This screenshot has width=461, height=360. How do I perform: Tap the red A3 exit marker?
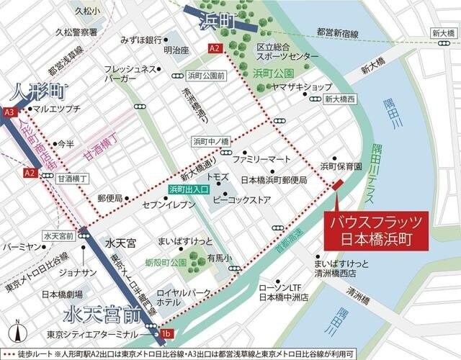pos(9,112)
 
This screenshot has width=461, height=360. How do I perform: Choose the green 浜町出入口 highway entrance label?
pos(189,189)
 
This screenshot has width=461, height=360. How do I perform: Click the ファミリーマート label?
pos(261,158)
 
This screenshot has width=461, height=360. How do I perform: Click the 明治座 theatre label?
pos(175,50)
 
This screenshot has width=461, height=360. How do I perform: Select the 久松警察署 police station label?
pos(82,32)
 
